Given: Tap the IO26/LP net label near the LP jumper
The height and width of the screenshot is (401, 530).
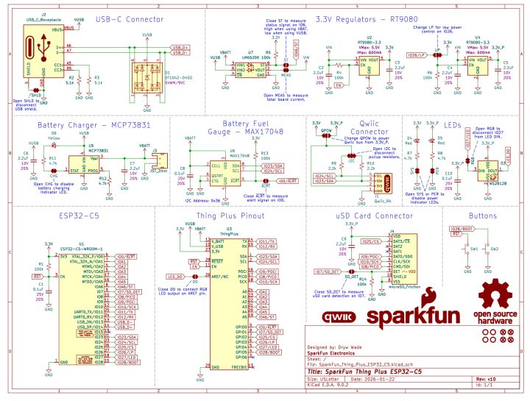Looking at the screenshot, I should pyautogui.click(x=415, y=55).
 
